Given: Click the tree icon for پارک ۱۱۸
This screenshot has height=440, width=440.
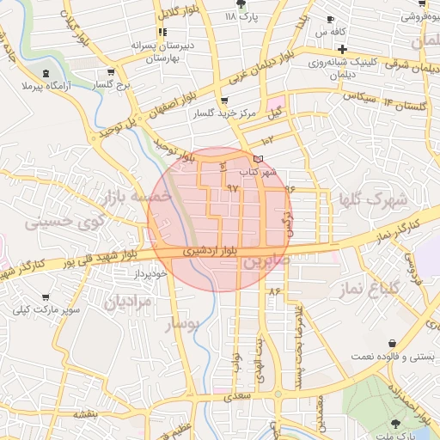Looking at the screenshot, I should [250, 5].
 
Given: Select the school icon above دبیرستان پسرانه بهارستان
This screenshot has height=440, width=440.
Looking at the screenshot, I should [161, 32].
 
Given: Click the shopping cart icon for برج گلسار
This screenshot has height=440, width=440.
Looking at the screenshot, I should [109, 73].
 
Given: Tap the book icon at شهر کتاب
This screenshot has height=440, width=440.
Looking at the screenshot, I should [259, 159].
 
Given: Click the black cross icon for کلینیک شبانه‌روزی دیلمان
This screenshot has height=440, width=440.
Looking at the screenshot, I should [341, 49].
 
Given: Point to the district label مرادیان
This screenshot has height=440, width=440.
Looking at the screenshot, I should [127, 302].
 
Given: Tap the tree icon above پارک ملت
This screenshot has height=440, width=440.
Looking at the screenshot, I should [396, 423].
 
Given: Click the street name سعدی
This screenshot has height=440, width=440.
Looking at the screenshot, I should [241, 397].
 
